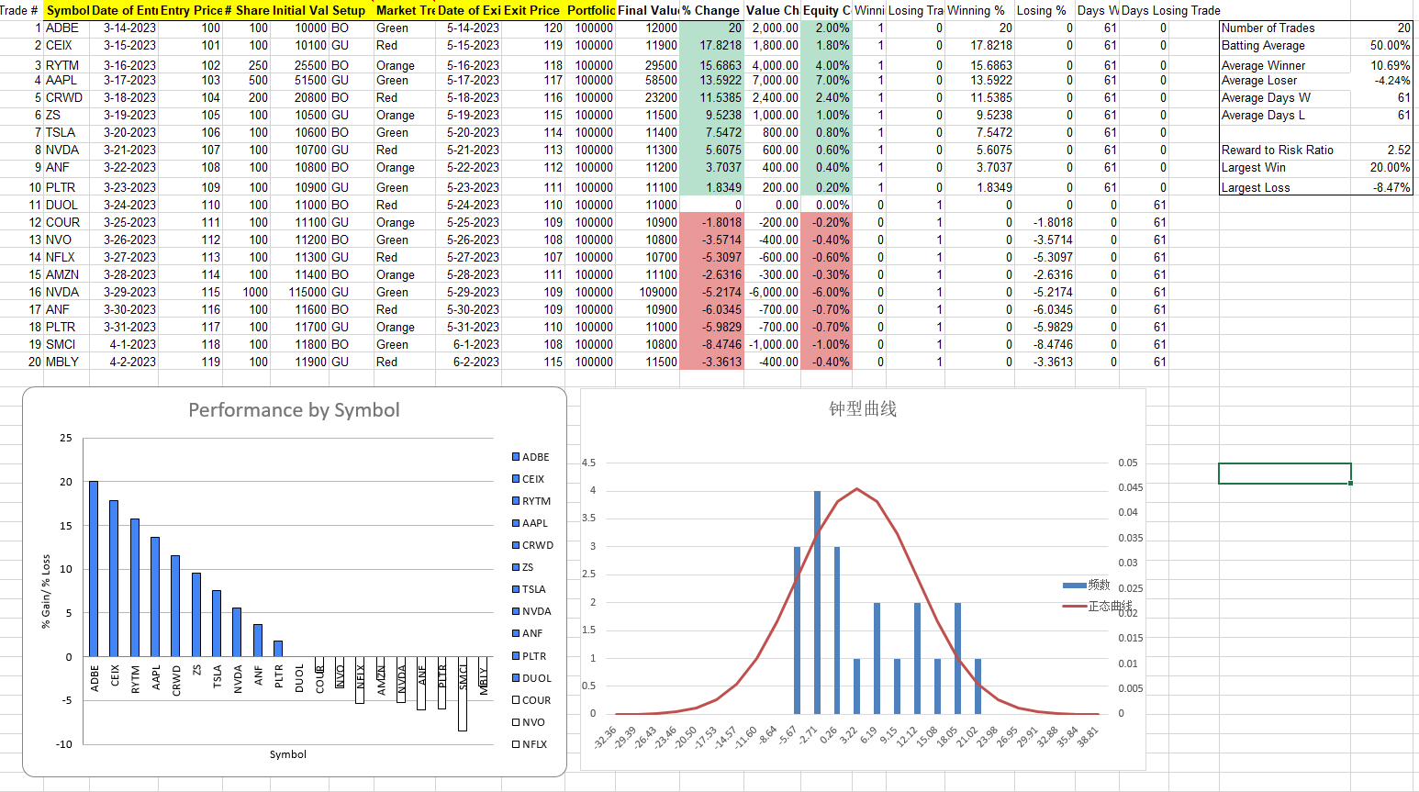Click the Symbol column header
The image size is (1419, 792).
click(67, 10)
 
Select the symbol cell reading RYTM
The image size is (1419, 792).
click(62, 65)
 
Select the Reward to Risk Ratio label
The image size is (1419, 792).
click(1277, 150)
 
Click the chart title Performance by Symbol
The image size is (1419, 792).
click(294, 410)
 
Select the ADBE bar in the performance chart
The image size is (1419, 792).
click(94, 568)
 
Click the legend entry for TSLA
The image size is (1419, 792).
click(533, 589)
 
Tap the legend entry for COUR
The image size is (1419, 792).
click(533, 700)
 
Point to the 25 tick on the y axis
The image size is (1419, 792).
click(66, 438)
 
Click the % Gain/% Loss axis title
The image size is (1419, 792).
click(46, 591)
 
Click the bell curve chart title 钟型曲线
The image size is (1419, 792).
click(862, 408)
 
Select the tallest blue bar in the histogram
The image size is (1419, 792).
click(817, 602)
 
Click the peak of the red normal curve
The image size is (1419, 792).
click(857, 489)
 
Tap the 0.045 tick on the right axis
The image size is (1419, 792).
click(1130, 487)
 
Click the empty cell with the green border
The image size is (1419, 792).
click(1284, 474)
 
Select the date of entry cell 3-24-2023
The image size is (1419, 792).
click(129, 205)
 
